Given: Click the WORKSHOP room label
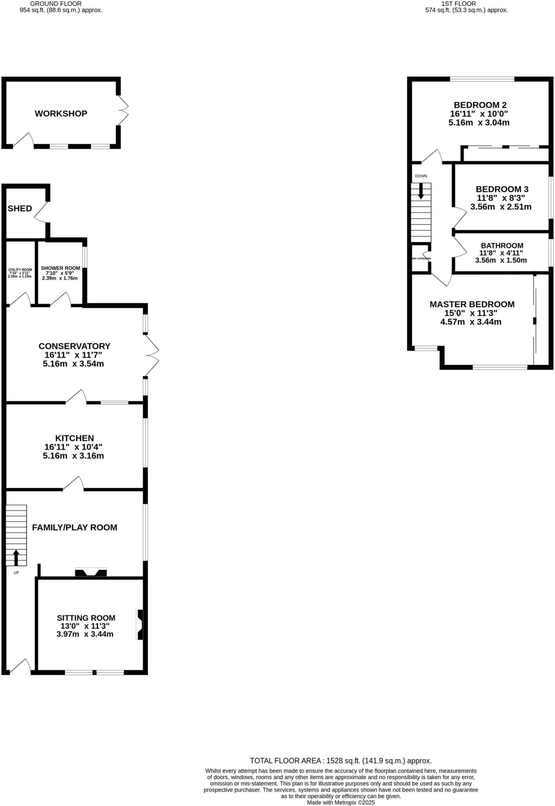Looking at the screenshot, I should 61,113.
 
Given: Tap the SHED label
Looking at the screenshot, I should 20,209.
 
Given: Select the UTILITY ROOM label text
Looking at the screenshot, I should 20,270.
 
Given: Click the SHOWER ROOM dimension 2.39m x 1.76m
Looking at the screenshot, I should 60,278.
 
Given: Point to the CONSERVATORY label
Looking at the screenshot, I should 74,346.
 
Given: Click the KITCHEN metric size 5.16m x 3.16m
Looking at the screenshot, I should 74,456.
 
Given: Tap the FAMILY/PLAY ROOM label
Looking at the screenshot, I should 74,527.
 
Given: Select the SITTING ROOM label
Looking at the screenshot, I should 86,618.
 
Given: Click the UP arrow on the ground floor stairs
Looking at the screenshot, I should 16,557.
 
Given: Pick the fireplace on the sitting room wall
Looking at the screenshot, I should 140,625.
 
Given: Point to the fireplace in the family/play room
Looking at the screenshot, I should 91,572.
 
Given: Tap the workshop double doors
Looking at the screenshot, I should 123,110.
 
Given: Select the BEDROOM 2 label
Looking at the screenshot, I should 480,105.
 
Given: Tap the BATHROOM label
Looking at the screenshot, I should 502,246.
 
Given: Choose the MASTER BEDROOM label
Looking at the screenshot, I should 472,304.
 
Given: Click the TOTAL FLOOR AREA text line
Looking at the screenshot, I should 341,761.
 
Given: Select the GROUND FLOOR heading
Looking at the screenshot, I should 61,4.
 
